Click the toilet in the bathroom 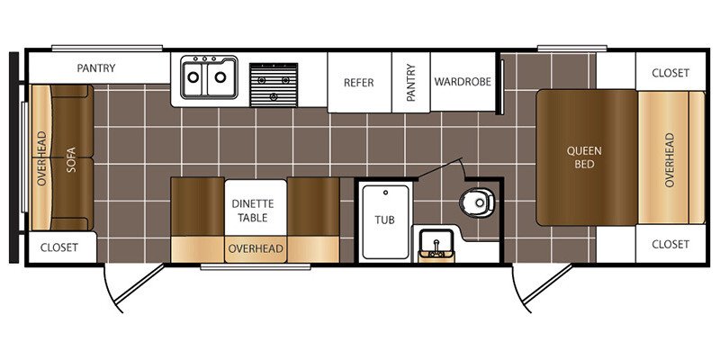(x=478, y=202)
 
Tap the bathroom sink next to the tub (x=436, y=245)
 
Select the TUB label (x=384, y=220)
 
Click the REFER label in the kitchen (x=358, y=83)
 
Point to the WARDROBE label (x=463, y=82)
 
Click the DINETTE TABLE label (x=253, y=211)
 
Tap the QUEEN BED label (x=584, y=157)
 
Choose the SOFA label (x=71, y=159)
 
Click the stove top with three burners (x=274, y=85)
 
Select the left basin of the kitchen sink (x=193, y=77)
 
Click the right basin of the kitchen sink (x=220, y=77)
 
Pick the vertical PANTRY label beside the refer (x=410, y=83)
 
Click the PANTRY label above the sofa (x=96, y=68)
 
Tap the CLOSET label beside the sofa (x=59, y=247)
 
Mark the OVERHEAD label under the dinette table (x=256, y=249)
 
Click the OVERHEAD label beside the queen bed (x=669, y=159)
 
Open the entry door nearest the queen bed (x=542, y=287)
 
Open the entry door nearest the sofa (x=133, y=287)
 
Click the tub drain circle (x=386, y=193)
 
